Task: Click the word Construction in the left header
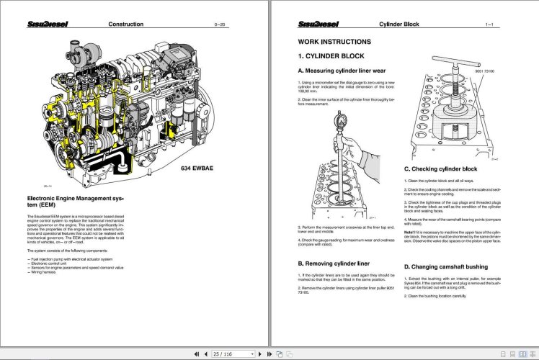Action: click(x=125, y=24)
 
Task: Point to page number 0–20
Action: click(x=220, y=25)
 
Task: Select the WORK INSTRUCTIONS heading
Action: click(x=334, y=42)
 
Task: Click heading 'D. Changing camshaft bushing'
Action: click(x=451, y=266)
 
